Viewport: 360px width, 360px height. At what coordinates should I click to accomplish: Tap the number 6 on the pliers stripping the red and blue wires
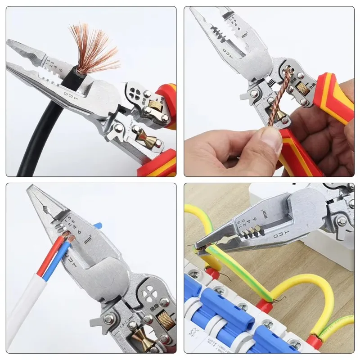point(79,232)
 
